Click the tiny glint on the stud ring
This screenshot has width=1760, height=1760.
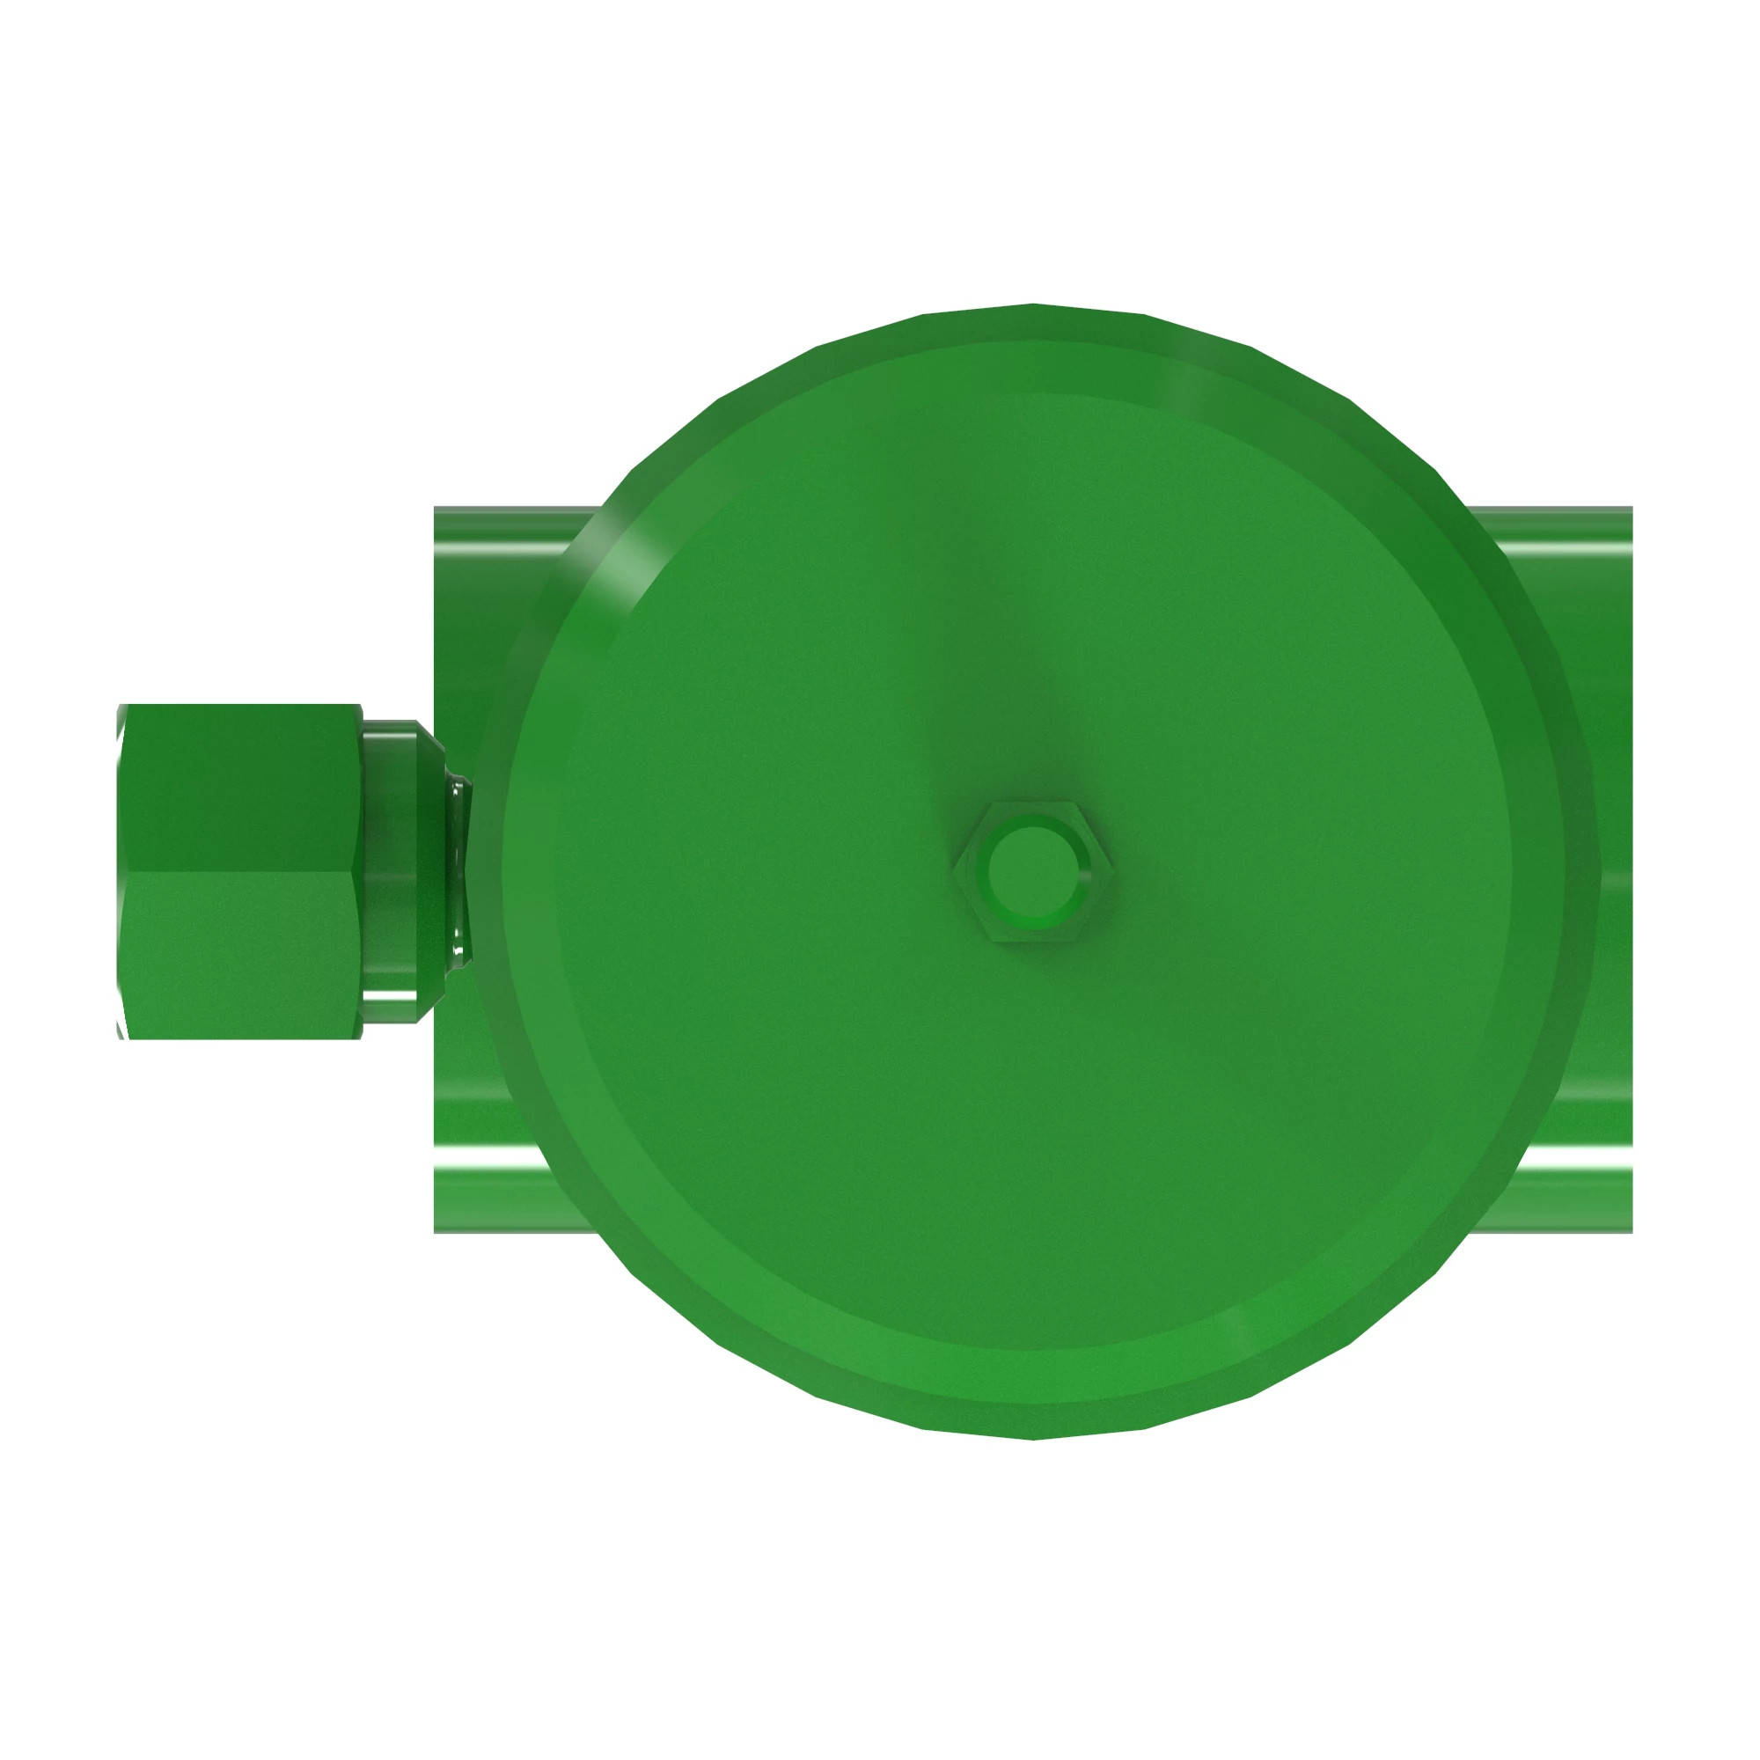pyautogui.click(x=1084, y=878)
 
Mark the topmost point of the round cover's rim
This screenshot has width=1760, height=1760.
pyautogui.click(x=1033, y=305)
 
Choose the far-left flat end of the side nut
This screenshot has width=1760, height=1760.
pyautogui.click(x=121, y=871)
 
